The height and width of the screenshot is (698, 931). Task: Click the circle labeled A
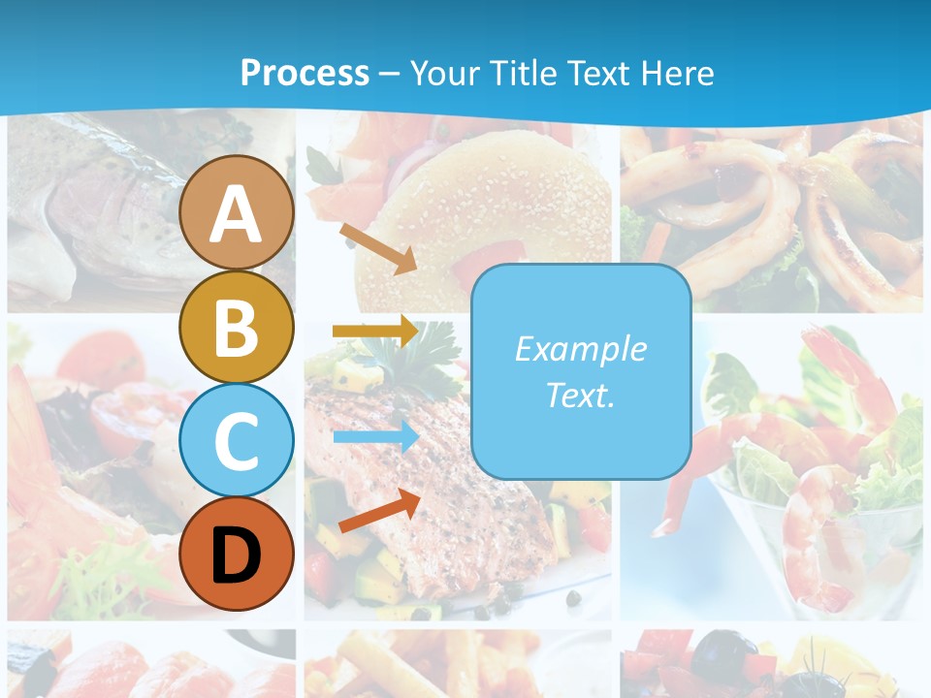click(x=237, y=212)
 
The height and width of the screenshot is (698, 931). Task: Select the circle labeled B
click(x=237, y=327)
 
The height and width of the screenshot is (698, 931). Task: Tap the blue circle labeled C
click(x=237, y=440)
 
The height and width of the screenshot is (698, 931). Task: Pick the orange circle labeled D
click(x=237, y=554)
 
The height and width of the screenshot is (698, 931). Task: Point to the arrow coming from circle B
click(x=375, y=332)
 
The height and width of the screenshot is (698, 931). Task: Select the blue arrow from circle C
click(x=375, y=437)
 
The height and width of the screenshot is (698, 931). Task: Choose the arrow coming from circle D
click(x=379, y=511)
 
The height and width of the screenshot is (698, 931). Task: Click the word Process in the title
click(x=305, y=74)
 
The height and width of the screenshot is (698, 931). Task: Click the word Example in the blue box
click(x=580, y=349)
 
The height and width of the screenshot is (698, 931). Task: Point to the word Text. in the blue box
click(x=580, y=396)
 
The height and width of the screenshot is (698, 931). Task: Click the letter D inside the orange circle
click(x=237, y=555)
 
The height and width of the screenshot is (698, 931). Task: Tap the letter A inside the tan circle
click(x=237, y=214)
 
